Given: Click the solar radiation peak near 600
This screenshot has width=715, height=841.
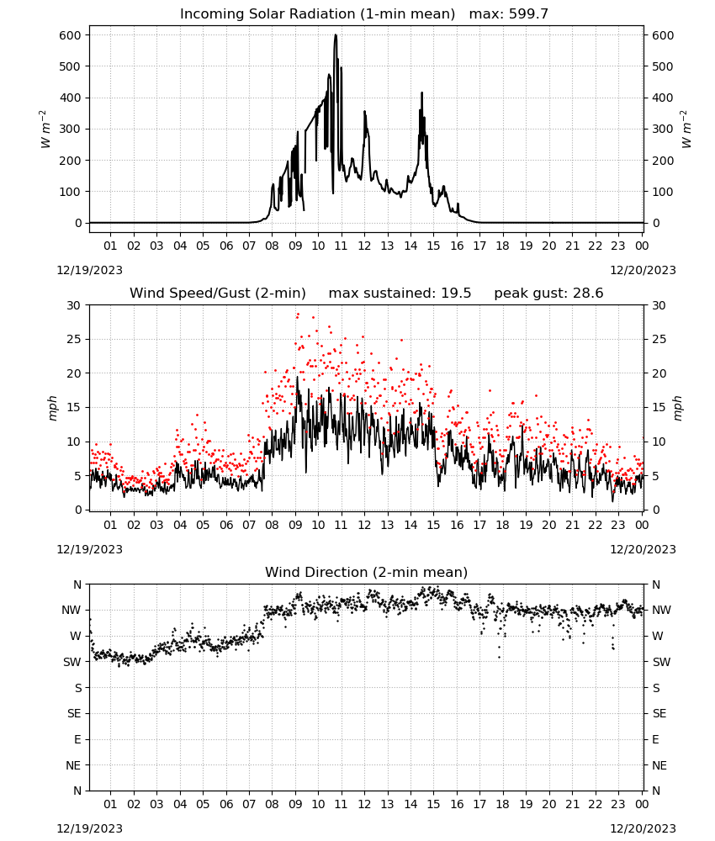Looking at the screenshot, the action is (x=336, y=35).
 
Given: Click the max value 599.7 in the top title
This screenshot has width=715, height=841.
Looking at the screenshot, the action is (x=528, y=14).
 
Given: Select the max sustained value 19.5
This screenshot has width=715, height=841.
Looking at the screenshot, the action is (x=456, y=294).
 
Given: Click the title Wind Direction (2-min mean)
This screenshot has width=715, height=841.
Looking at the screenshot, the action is (x=367, y=572).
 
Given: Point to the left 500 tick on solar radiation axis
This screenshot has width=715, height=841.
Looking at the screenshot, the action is (x=71, y=66).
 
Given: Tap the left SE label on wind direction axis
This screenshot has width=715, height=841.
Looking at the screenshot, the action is (x=74, y=714).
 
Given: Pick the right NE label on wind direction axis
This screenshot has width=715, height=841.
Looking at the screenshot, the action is (x=659, y=766).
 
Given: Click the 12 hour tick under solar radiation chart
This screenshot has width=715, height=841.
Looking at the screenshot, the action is (x=364, y=246).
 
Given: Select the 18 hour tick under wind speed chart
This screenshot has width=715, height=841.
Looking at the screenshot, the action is (x=502, y=525).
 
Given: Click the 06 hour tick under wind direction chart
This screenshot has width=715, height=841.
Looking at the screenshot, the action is (x=225, y=805).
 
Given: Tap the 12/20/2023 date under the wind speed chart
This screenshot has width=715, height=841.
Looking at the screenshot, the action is (x=643, y=550).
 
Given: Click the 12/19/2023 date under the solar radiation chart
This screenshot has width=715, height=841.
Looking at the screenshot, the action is (x=89, y=270).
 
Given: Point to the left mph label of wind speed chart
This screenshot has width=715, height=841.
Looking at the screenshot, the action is (x=52, y=408).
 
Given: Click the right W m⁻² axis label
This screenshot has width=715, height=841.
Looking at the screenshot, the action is (x=686, y=130).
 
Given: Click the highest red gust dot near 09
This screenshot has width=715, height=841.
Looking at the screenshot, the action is (x=298, y=315).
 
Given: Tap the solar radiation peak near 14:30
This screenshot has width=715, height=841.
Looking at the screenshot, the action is (x=421, y=93).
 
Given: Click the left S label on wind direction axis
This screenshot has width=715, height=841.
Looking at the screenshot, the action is (x=78, y=688).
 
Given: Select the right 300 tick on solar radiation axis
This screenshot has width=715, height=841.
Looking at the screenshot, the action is (x=663, y=130).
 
